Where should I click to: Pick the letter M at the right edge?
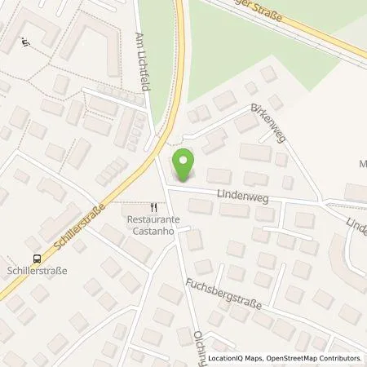[x=361, y=163]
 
